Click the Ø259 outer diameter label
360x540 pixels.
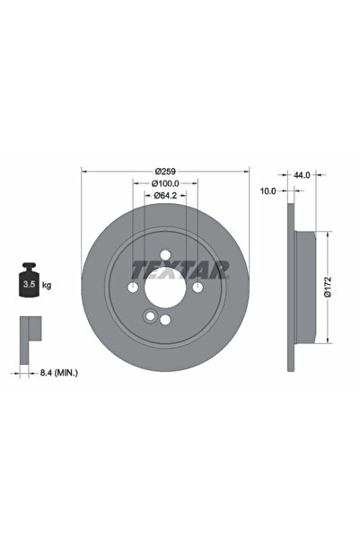[166, 171]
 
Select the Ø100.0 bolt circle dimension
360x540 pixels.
[166, 182]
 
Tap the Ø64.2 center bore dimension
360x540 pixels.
[166, 195]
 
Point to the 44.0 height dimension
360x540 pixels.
[301, 176]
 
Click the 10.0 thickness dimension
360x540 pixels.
[268, 190]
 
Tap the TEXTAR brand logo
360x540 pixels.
[180, 269]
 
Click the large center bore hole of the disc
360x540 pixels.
[165, 288]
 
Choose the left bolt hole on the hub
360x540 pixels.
[134, 288]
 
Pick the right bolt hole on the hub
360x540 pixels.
[198, 288]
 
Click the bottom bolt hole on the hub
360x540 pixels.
[165, 320]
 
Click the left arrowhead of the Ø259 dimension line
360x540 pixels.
[84, 171]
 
